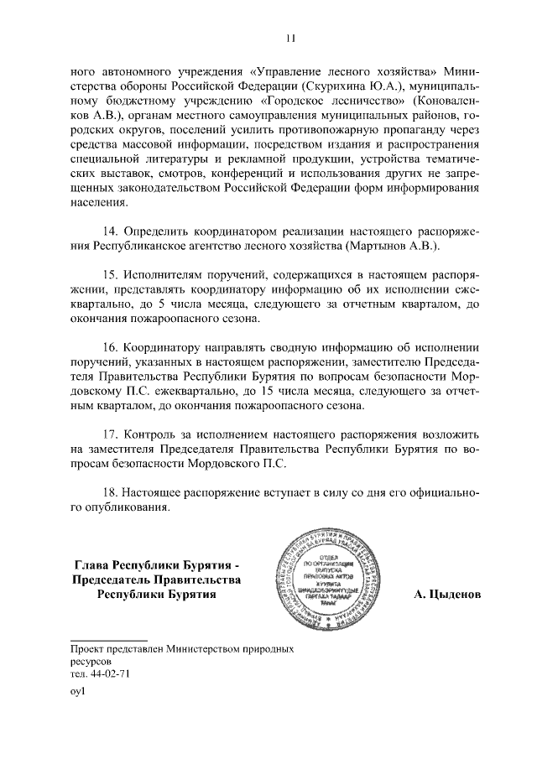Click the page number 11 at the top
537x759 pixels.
click(290, 38)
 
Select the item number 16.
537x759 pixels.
click(110, 346)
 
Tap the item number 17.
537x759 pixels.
click(110, 434)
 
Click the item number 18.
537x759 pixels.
click(110, 492)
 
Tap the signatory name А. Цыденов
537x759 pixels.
click(447, 595)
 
